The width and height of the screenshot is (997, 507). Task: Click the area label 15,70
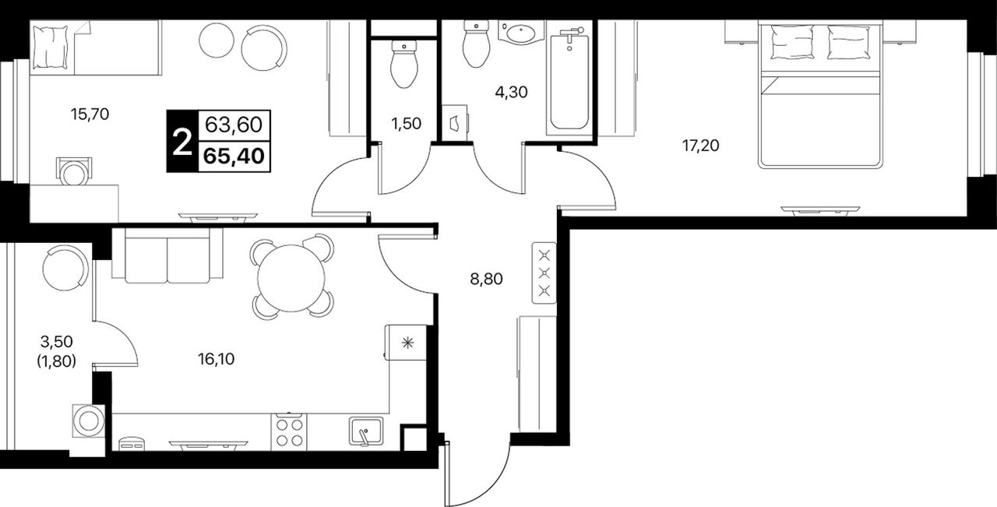pos(90,114)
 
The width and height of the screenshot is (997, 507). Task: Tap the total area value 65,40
pos(234,157)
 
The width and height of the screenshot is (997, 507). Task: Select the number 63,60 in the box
pos(234,125)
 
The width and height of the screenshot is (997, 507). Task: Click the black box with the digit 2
pos(182,141)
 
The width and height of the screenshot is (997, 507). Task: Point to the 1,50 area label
pos(406,124)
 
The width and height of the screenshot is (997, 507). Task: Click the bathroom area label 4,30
pos(512,92)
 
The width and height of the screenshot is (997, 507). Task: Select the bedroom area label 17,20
pos(701,146)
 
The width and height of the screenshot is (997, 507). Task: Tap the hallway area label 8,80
pos(487,279)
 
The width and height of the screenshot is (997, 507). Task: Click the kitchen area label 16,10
pos(217,359)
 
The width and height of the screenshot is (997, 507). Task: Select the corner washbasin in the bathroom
pos(522,33)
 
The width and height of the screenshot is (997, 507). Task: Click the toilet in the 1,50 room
pos(404,64)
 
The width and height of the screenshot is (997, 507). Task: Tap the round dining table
pos(291,279)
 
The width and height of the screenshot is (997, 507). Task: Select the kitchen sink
pos(366,431)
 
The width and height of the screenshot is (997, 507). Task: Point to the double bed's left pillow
pos(792,42)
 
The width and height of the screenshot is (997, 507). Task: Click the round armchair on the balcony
pos(65,269)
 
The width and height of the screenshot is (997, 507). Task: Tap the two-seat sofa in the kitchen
pos(167,256)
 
